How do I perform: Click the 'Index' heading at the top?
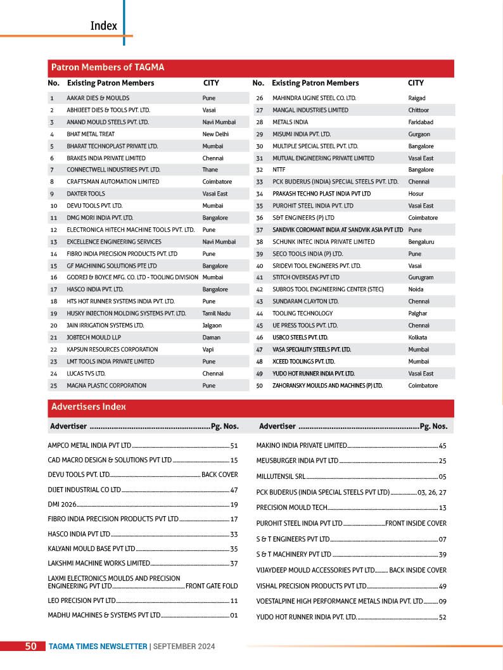pyautogui.click(x=104, y=25)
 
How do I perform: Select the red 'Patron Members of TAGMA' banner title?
pyautogui.click(x=108, y=67)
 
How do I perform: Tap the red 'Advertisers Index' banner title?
pyautogui.click(x=89, y=407)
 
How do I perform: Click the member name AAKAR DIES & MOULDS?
pyautogui.click(x=98, y=98)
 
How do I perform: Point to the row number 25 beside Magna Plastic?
pyautogui.click(x=53, y=385)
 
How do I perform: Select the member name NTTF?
pyautogui.click(x=279, y=170)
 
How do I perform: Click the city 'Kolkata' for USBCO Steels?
pyautogui.click(x=417, y=338)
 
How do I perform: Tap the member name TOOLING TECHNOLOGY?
pyautogui.click(x=302, y=313)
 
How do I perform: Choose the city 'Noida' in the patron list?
pyautogui.click(x=416, y=289)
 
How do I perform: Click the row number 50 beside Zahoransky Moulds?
pyautogui.click(x=259, y=385)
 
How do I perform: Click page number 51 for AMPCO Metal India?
pyautogui.click(x=234, y=446)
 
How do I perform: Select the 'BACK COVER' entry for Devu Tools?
pyautogui.click(x=219, y=474)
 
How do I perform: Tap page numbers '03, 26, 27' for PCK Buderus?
pyautogui.click(x=432, y=492)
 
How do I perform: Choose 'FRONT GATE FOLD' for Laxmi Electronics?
pyautogui.click(x=212, y=586)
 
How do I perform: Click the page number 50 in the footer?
pyautogui.click(x=30, y=647)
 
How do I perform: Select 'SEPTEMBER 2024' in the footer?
pyautogui.click(x=184, y=647)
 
